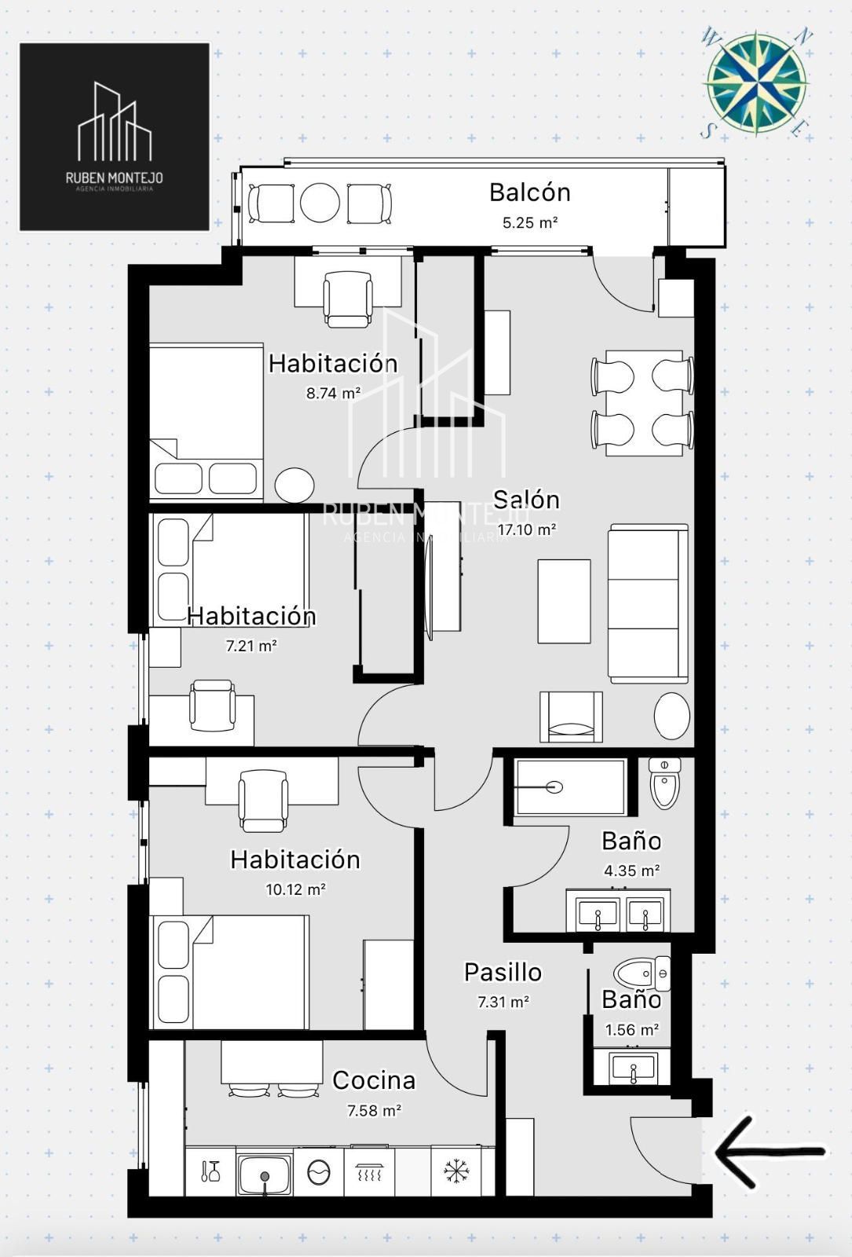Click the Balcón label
[530, 192]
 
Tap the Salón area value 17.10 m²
[527, 530]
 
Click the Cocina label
[374, 1080]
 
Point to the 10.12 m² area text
[295, 889]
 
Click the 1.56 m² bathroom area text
[631, 1030]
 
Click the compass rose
[755, 83]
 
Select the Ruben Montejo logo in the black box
[115, 137]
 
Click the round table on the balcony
[320, 203]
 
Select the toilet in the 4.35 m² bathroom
[664, 782]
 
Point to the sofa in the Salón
[649, 604]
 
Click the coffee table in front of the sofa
[564, 601]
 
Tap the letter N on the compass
[803, 38]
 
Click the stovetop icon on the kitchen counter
[369, 1171]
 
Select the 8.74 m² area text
[333, 393]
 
